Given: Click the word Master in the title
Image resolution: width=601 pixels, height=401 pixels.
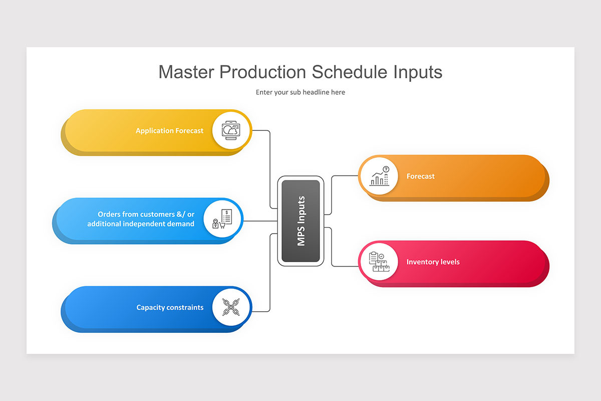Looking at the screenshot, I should pyautogui.click(x=186, y=72).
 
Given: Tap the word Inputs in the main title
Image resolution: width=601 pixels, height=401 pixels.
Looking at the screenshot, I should pyautogui.click(x=418, y=73).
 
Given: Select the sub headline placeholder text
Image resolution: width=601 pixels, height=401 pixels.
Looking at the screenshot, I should pyautogui.click(x=300, y=92).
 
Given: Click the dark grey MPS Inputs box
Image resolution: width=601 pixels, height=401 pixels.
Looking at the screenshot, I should pyautogui.click(x=300, y=221).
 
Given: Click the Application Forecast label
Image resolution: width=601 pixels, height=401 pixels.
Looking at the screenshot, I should pyautogui.click(x=169, y=131).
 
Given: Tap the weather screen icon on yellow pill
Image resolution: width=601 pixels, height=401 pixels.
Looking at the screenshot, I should pyautogui.click(x=231, y=130).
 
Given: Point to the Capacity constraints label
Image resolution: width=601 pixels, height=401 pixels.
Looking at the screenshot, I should pyautogui.click(x=170, y=307).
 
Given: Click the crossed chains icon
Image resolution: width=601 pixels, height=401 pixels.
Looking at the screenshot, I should pyautogui.click(x=231, y=307).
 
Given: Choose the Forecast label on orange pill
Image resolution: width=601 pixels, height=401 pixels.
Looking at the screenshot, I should pyautogui.click(x=420, y=176).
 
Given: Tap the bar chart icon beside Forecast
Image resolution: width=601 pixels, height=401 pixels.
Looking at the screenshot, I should pyautogui.click(x=379, y=176).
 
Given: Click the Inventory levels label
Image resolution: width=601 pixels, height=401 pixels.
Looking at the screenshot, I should pyautogui.click(x=433, y=262).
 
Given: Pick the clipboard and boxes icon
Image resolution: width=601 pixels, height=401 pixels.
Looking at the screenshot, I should pyautogui.click(x=379, y=262).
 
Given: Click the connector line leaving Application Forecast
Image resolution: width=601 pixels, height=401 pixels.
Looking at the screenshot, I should pyautogui.click(x=270, y=165).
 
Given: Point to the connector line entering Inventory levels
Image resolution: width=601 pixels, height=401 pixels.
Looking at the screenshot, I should pyautogui.click(x=332, y=248).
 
